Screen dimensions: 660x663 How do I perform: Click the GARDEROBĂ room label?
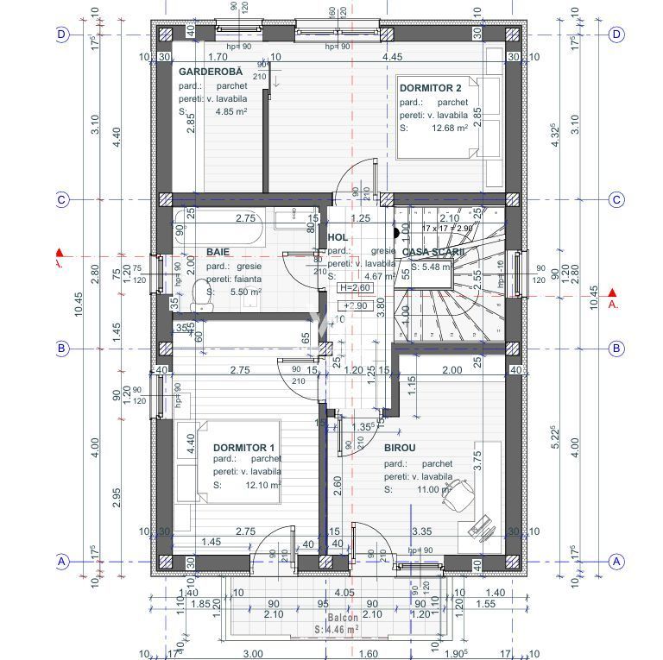tap(211, 72)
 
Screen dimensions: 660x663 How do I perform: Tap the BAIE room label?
tap(218, 252)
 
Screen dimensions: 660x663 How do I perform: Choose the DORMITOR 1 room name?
tap(243, 447)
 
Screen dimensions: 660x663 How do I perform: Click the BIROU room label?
tap(400, 448)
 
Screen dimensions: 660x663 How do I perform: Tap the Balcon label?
tap(343, 619)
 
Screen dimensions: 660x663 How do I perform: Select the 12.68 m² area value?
tap(450, 128)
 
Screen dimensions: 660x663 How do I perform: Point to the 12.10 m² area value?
tap(262, 486)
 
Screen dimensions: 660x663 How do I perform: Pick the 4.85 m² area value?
tap(231, 111)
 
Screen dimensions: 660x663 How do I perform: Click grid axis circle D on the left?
tap(62, 35)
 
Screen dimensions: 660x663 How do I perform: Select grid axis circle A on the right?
tap(616, 561)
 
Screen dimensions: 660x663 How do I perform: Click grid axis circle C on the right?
tap(616, 199)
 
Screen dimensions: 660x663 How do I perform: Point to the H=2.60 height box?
tap(355, 288)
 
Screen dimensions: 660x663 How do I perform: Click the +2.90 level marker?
tap(354, 305)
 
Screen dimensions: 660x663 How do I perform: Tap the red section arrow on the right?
tap(612, 293)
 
